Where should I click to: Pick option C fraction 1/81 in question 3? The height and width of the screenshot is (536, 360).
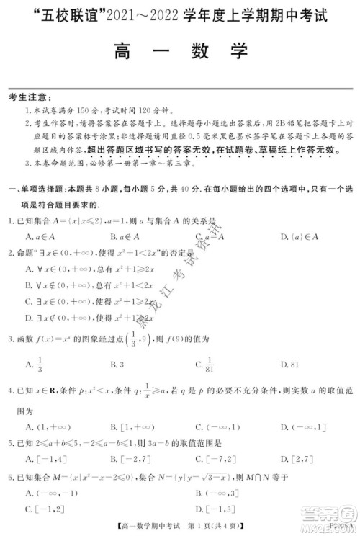coord(206,364)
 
